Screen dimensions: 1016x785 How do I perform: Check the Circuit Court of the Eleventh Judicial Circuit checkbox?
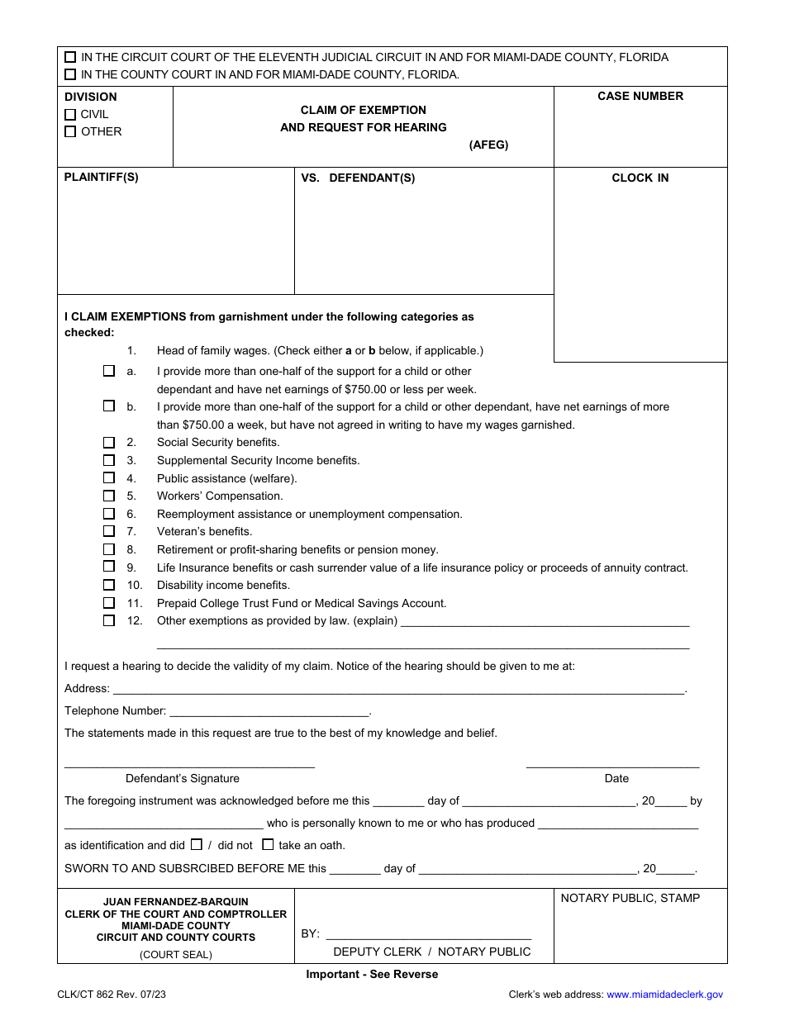[x=70, y=57]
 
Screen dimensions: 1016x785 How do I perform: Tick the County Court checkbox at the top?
[x=70, y=74]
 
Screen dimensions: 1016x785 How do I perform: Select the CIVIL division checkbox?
[x=70, y=115]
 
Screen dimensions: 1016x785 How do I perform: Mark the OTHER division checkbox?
[x=70, y=131]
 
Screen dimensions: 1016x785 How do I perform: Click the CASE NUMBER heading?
[x=640, y=97]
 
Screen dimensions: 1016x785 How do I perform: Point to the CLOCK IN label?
[x=640, y=178]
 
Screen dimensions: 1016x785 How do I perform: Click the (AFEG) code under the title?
[x=488, y=145]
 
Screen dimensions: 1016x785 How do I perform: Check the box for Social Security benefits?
[x=109, y=442]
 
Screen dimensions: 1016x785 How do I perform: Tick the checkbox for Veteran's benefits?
[x=109, y=531]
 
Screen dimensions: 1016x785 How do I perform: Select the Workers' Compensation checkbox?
[x=109, y=496]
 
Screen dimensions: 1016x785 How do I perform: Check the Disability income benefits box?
[x=109, y=585]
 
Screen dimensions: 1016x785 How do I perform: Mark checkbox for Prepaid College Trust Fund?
[x=109, y=603]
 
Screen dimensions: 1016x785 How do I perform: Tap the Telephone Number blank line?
[x=269, y=711]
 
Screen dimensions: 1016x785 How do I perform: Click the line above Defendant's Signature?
[x=189, y=763]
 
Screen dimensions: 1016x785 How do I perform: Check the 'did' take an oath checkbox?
[x=197, y=844]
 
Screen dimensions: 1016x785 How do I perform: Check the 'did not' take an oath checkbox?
[x=268, y=844]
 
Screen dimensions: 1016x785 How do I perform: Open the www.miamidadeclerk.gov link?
[x=664, y=995]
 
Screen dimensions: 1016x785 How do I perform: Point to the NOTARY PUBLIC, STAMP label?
[x=630, y=899]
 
